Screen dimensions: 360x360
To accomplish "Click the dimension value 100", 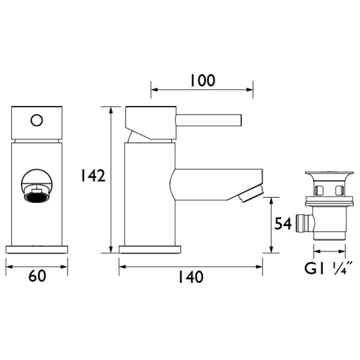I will pos(202,81).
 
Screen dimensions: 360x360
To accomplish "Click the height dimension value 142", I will pos(93,175).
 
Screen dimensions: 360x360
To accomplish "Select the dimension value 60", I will pos(37,276).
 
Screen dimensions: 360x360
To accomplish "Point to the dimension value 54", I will pos(283,224).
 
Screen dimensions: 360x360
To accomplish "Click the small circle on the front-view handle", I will pos(36,120).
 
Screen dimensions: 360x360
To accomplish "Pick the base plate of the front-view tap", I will pos(36,249).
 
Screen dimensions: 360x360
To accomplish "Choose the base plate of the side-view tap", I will pos(149,249).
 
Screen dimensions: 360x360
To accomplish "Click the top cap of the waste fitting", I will pos(327,175).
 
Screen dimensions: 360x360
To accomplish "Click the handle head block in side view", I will pos(150,120).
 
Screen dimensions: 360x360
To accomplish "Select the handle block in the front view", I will pos(36,123).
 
